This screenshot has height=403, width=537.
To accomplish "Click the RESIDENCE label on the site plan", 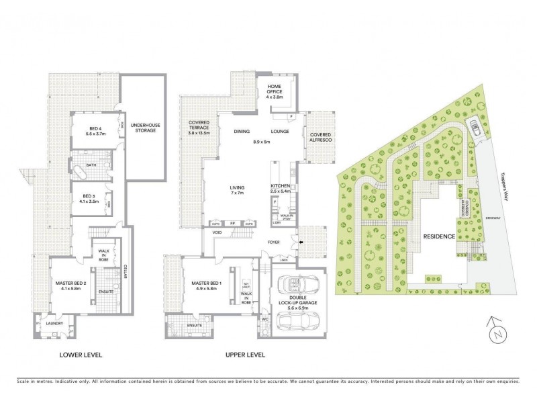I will click(439, 237).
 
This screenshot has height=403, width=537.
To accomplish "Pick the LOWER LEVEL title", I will click(80, 354).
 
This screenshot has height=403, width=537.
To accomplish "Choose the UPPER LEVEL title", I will click(244, 354).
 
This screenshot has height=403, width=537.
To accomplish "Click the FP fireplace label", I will click(232, 223).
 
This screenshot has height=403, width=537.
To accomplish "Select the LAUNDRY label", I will click(54, 323).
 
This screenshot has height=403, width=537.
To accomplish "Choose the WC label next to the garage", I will click(265, 320).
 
